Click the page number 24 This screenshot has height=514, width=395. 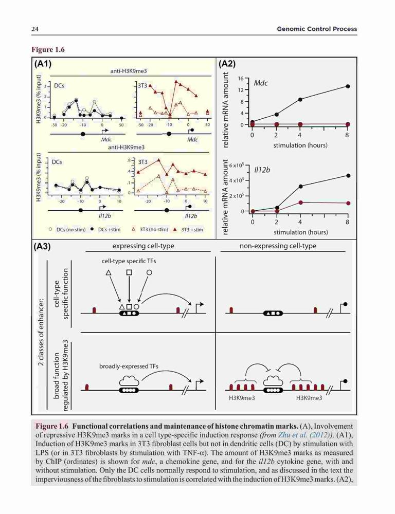(x=35, y=29)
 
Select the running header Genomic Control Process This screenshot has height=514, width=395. (x=317, y=29)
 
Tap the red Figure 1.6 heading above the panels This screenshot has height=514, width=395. (x=48, y=49)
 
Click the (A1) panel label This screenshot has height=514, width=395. (x=43, y=63)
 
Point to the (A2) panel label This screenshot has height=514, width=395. (x=227, y=63)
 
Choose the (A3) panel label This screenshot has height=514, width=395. (x=42, y=247)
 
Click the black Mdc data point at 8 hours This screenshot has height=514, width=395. (x=348, y=86)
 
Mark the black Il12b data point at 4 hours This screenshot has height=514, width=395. (x=300, y=186)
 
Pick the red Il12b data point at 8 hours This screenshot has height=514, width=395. (x=348, y=203)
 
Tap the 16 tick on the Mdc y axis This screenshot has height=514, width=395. (x=241, y=79)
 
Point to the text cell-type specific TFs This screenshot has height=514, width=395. (x=129, y=261)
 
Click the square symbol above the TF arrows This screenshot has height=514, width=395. (x=129, y=272)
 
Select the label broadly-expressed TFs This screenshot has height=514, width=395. (x=129, y=366)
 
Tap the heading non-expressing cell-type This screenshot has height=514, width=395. (x=278, y=246)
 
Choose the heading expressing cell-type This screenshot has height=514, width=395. (x=143, y=246)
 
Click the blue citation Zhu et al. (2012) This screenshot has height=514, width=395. (x=305, y=435)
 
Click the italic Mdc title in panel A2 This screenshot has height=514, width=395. (x=261, y=83)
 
